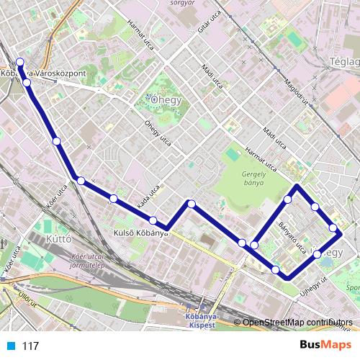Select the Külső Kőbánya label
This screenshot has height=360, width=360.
coord(141,233)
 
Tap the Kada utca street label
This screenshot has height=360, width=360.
coord(148,203)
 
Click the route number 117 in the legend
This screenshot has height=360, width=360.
coord(30,346)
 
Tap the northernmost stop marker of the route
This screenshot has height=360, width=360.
coord(20,62)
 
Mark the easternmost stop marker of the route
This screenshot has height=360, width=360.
coord(333,229)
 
